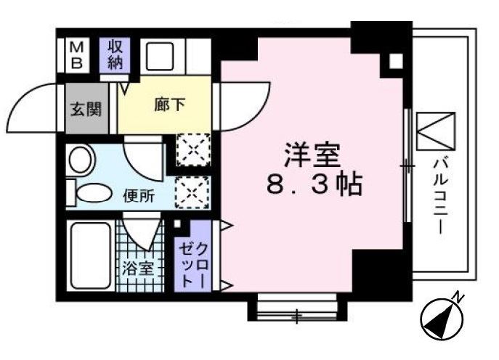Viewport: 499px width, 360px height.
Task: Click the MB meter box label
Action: pyautogui.click(x=76, y=53)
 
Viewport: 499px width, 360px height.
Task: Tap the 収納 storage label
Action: pyautogui.click(x=115, y=53)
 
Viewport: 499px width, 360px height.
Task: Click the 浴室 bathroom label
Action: pyautogui.click(x=137, y=266)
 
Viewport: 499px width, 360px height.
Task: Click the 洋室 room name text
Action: pyautogui.click(x=311, y=154)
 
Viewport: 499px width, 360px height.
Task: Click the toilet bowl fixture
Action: pyautogui.click(x=90, y=193)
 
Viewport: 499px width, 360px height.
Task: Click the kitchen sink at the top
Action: pyautogui.click(x=161, y=54)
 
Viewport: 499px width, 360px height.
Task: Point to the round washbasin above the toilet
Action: pyautogui.click(x=80, y=158)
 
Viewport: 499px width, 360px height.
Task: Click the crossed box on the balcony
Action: pyautogui.click(x=435, y=128)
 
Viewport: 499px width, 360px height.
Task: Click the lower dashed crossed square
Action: pyautogui.click(x=193, y=192)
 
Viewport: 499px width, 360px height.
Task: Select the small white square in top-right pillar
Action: pyautogui.click(x=395, y=61)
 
